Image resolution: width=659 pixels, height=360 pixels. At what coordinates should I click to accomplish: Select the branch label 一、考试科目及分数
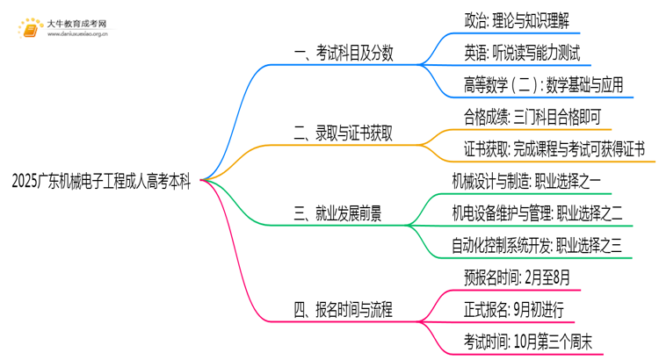pyautogui.click(x=344, y=54)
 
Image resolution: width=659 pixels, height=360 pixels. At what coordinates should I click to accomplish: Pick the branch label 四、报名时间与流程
pyautogui.click(x=344, y=309)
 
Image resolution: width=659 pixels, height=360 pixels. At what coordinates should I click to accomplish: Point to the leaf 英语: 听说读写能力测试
pyautogui.click(x=522, y=52)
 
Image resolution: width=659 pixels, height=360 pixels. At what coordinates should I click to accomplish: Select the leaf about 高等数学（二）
pyautogui.click(x=543, y=84)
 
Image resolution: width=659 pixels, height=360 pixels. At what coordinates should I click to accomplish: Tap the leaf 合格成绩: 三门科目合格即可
pyautogui.click(x=532, y=117)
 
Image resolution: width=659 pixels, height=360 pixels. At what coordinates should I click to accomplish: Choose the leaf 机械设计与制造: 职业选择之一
pyautogui.click(x=537, y=182)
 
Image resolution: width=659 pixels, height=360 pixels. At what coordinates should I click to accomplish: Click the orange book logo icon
pyautogui.click(x=29, y=26)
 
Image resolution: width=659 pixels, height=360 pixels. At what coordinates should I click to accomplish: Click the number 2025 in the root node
pyautogui.click(x=26, y=183)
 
